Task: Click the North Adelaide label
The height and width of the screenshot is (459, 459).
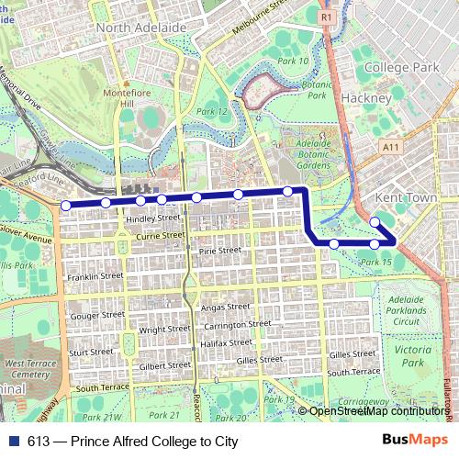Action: (141, 28)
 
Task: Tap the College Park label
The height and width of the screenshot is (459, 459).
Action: (400, 67)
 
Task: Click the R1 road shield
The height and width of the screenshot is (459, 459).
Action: (327, 16)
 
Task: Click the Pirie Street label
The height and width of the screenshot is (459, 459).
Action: (218, 250)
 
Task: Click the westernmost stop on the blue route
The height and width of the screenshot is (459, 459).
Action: (65, 205)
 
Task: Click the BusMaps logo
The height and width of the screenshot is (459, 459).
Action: (416, 440)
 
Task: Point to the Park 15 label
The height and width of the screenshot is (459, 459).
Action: (376, 262)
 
